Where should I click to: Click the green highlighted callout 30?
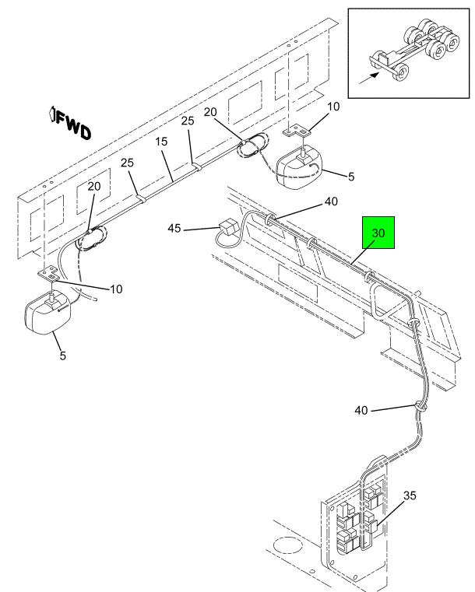[x=378, y=233]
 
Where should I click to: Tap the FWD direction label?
[x=71, y=124]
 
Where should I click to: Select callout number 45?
[x=174, y=229]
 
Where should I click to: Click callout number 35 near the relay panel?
[x=410, y=496]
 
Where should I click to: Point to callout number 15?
[x=161, y=142]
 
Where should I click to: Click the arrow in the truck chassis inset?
[x=369, y=78]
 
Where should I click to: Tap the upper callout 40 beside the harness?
[x=331, y=201]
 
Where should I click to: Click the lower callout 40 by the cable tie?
[x=361, y=410]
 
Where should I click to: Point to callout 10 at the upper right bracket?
[x=333, y=107]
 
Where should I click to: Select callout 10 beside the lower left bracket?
[x=116, y=289]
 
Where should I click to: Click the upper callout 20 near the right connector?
[x=210, y=112]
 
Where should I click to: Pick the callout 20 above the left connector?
[x=94, y=186]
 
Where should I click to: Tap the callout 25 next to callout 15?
[x=188, y=121]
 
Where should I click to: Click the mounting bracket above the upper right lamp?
[x=297, y=131]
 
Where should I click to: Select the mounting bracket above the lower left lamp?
[x=48, y=273]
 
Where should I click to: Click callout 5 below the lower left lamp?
[x=63, y=356]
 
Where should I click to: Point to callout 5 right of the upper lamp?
[x=351, y=177]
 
